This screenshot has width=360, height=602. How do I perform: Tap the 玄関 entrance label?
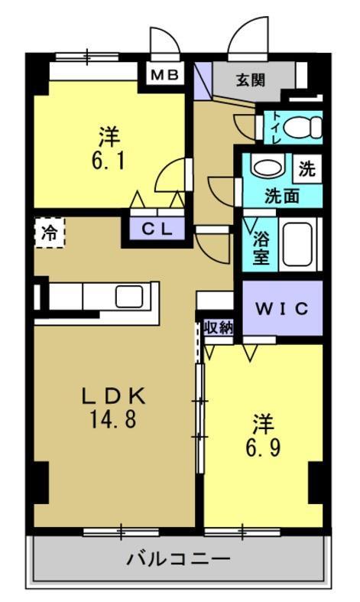pyautogui.click(x=250, y=79)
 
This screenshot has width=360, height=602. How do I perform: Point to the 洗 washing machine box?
pyautogui.click(x=306, y=168)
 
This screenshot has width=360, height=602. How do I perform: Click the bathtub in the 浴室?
pyautogui.click(x=298, y=242)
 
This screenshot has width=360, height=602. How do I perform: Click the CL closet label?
pyautogui.click(x=161, y=227)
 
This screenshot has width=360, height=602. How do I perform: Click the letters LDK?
pyautogui.click(x=113, y=396)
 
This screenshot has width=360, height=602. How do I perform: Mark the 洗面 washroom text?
pyautogui.click(x=281, y=195)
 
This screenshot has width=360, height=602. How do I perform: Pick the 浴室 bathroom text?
pyautogui.click(x=261, y=247)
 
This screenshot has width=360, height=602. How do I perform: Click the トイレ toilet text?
pyautogui.click(x=277, y=128)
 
